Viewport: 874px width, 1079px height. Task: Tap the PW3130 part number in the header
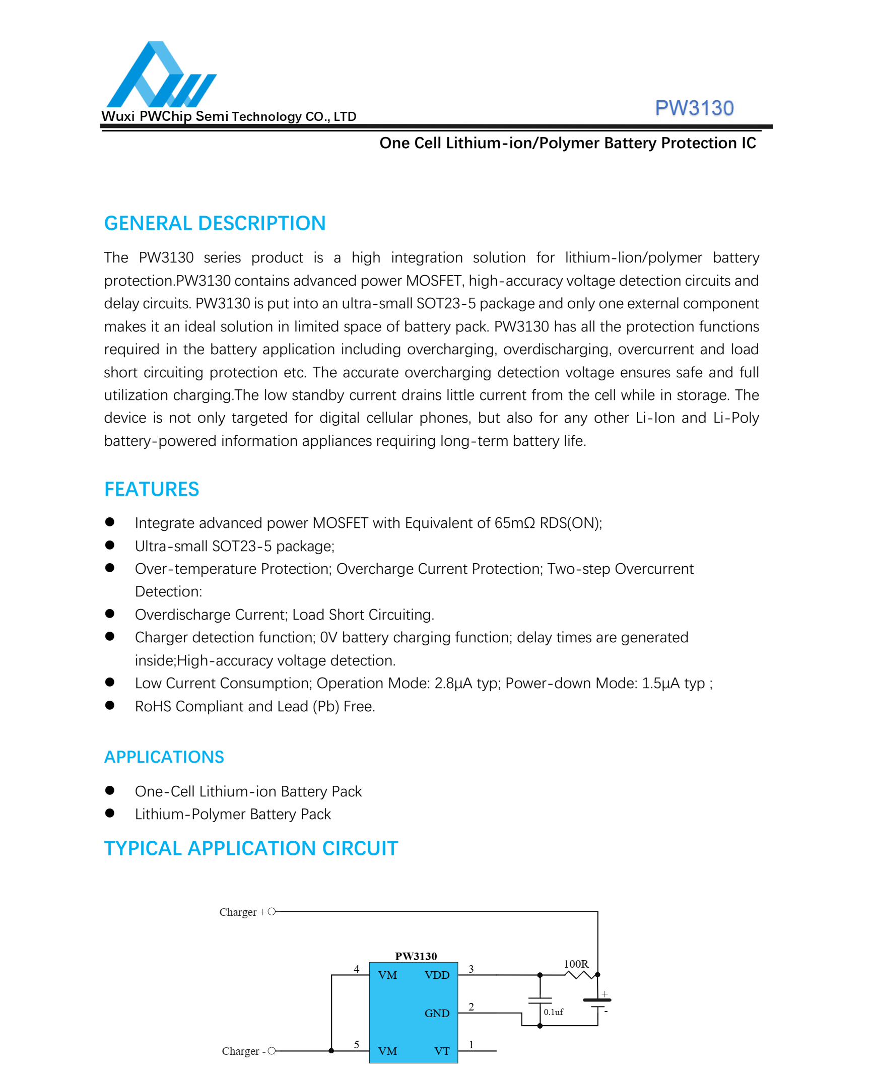click(694, 108)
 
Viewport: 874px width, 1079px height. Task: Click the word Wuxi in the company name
click(118, 116)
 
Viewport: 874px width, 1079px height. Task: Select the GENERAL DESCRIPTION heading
click(215, 223)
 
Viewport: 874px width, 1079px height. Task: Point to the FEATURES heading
click(152, 489)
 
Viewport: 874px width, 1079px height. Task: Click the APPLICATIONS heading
click(164, 757)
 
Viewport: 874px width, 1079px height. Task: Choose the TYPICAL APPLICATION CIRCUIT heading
click(251, 848)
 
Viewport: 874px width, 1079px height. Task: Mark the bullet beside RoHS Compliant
click(110, 705)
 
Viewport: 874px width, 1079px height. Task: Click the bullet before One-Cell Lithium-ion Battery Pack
click(110, 790)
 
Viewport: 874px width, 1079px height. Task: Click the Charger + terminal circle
click(272, 911)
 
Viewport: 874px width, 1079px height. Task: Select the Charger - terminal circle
click(272, 1050)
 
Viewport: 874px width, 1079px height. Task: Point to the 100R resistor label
click(576, 964)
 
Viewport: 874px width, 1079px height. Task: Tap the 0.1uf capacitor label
click(553, 1012)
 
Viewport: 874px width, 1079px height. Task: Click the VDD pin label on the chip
click(437, 975)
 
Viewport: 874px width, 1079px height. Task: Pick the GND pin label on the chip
click(437, 1013)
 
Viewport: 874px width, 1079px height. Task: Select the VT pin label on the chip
click(442, 1051)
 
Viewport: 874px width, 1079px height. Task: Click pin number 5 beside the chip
click(356, 1044)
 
